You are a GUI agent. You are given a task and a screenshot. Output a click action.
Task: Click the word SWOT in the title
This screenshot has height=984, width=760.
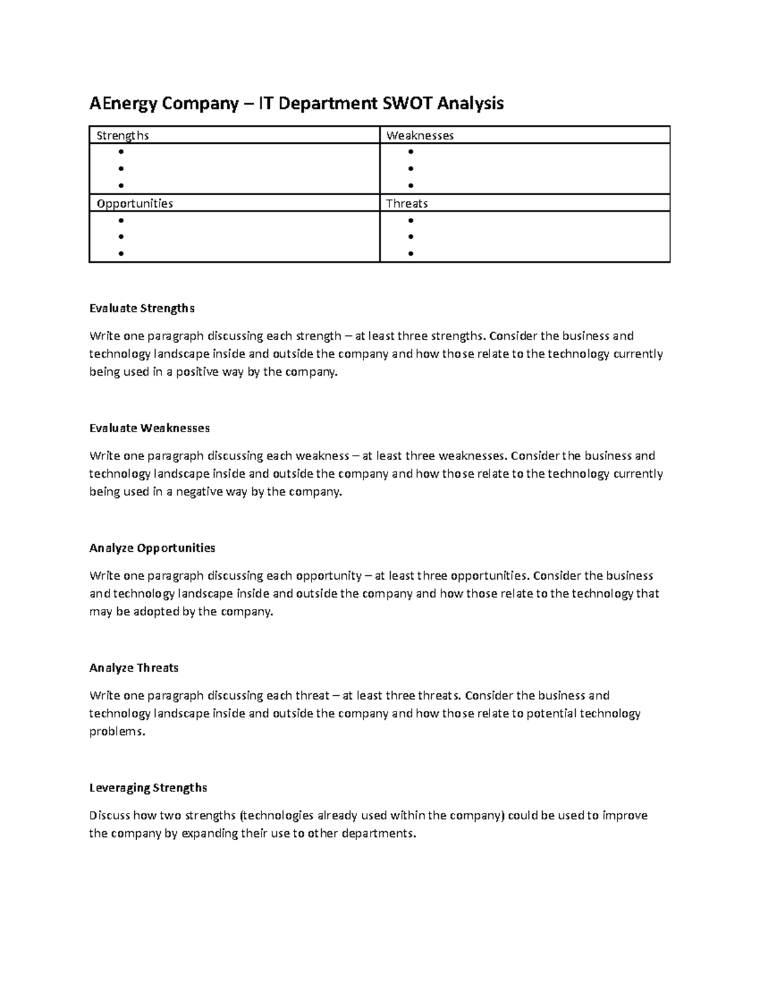pos(405,103)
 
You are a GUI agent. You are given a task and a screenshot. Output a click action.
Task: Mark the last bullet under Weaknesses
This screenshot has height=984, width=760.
pos(411,186)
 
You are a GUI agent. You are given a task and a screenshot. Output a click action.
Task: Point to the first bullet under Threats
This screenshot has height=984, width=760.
pos(411,220)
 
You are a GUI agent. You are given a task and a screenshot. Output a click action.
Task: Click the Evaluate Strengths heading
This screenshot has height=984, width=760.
pos(142,309)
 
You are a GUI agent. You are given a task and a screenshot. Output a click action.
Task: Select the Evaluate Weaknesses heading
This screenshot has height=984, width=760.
pos(149,428)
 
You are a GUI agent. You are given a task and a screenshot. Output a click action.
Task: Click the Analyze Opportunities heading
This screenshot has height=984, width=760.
pos(152,548)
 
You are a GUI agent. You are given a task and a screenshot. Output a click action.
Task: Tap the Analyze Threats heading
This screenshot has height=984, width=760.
pos(134,668)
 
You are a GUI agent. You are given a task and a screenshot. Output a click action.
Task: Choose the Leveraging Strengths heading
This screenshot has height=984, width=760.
pos(148,788)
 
